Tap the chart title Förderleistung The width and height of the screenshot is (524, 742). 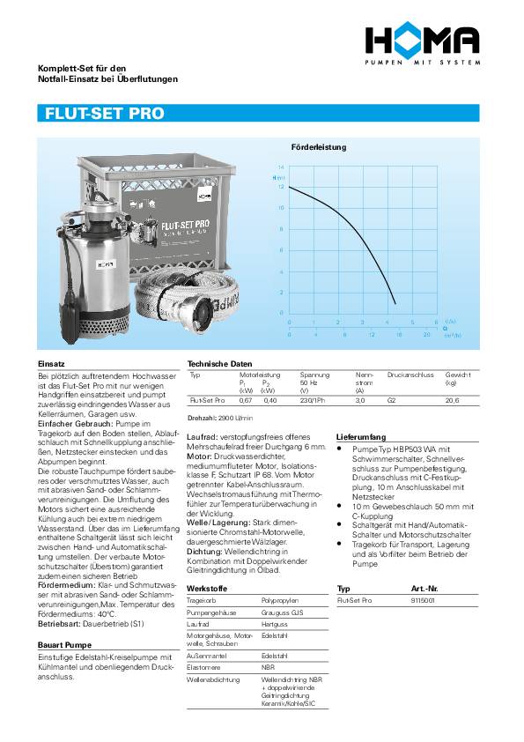[x=318, y=147]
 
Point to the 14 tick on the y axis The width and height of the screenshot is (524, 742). [x=281, y=167]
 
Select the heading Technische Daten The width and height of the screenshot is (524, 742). [x=219, y=363]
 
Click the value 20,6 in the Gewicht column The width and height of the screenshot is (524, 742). [x=453, y=399]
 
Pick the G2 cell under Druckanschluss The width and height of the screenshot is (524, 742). [x=392, y=399]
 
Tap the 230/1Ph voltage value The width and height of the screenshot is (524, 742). [x=314, y=399]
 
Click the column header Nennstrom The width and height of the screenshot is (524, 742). [x=364, y=379]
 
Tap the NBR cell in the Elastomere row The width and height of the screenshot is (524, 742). [x=268, y=668]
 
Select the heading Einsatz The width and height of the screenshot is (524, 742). [x=51, y=363]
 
